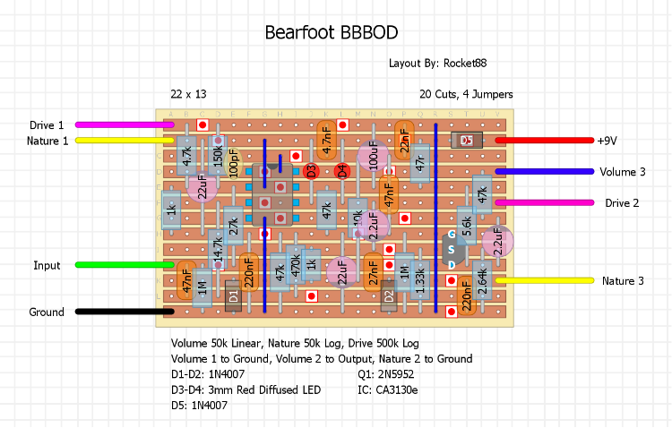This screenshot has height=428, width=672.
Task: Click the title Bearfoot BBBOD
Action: pos(331,33)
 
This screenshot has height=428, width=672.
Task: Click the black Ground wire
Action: pos(121,312)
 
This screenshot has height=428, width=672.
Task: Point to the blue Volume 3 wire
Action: pos(547,171)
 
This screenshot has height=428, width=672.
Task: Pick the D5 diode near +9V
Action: pos(466,141)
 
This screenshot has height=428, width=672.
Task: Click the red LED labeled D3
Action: pos(311,171)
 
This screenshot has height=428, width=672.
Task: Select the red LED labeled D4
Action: pos(341,171)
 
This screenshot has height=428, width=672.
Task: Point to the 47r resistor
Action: pos(420,164)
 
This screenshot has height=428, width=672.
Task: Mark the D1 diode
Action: pos(233,295)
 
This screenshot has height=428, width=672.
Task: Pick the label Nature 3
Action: pos(623,281)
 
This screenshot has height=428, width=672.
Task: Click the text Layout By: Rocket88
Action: pos(437,64)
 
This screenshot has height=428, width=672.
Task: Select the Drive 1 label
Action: pos(47,125)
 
